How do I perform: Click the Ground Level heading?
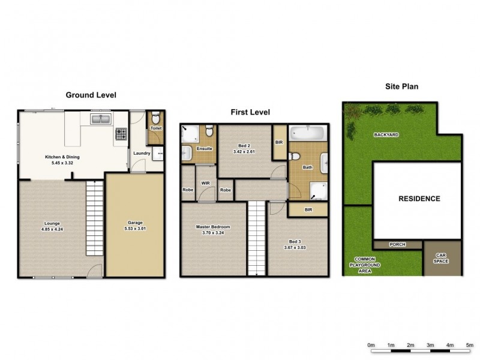pyautogui.click(x=91, y=95)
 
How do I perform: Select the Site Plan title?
pyautogui.click(x=401, y=86)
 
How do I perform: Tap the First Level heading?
pyautogui.click(x=250, y=112)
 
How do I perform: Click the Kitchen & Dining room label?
pyautogui.click(x=62, y=160)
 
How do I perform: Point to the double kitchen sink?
pyautogui.click(x=101, y=120)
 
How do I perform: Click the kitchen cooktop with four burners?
pyautogui.click(x=121, y=134)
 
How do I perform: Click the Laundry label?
pyautogui.click(x=142, y=152)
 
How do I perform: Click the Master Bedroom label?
pyautogui.click(x=212, y=227)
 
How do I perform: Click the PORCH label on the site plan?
pyautogui.click(x=397, y=245)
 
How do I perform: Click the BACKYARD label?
pyautogui.click(x=387, y=135)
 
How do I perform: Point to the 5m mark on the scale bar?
pyautogui.click(x=470, y=346)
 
